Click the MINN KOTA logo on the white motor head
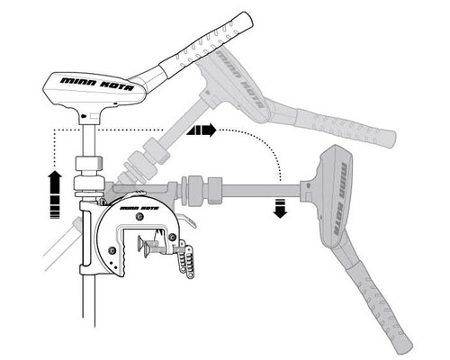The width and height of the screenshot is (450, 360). point(97,84)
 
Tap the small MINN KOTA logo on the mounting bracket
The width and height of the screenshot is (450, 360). point(139,208)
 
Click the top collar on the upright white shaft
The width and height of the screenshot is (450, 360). point(89,163)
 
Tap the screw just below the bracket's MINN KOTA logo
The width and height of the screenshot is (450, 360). point(139,217)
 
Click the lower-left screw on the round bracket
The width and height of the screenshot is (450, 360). point(112,249)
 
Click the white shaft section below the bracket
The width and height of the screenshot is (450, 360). point(89,301)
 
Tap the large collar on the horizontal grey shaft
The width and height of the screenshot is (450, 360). point(196,191)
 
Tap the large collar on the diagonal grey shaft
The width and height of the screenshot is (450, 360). point(142,166)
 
